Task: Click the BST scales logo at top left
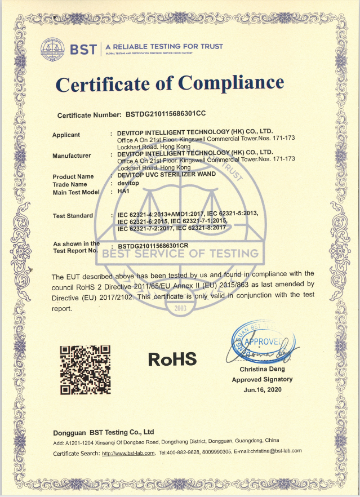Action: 54,49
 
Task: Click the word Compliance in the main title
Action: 230,84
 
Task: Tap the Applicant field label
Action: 66,135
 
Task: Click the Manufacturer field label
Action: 72,156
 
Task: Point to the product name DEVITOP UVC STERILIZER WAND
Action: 167,175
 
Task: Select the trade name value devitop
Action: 127,184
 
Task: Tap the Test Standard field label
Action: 73,216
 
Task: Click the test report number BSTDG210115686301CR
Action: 161,246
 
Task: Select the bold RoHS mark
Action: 172,358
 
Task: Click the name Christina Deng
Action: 263,370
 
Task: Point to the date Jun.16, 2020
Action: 263,389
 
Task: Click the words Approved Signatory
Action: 263,379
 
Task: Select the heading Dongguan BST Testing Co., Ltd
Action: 104,432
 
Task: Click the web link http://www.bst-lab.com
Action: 128,452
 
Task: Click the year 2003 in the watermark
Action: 180,308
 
